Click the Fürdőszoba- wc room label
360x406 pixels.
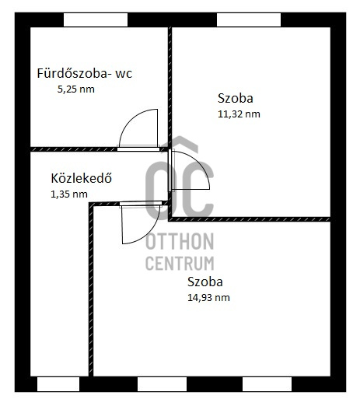click(85, 74)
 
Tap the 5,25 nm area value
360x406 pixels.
click(76, 89)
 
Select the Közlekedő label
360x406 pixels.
click(81, 178)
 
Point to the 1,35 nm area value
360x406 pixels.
click(69, 194)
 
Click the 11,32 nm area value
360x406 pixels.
click(239, 114)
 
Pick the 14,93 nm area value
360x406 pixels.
click(208, 298)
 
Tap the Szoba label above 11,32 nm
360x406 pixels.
click(236, 99)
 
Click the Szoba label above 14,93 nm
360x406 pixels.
click(205, 282)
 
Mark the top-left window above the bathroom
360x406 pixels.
click(96, 20)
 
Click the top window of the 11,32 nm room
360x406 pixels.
click(249, 20)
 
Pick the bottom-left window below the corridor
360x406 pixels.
click(58, 384)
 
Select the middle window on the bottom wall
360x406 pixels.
click(162, 384)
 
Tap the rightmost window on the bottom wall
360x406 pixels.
click(267, 384)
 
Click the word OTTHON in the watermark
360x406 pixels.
click(180, 241)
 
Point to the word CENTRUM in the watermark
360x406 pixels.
click(180, 263)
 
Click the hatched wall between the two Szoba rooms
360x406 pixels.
click(250, 219)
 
